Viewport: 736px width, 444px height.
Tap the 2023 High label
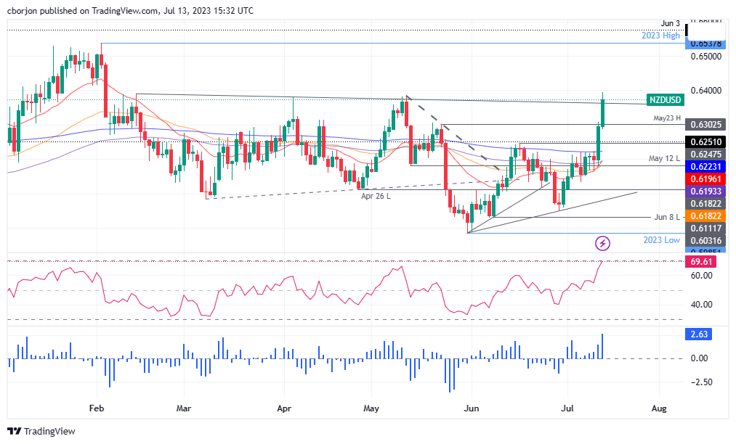click(x=661, y=36)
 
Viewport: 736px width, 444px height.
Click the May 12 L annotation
click(x=664, y=158)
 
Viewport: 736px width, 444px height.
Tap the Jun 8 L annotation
click(x=666, y=217)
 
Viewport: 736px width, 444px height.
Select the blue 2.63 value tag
click(x=699, y=334)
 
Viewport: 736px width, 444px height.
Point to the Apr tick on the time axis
click(x=284, y=408)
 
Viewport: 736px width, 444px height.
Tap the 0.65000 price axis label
click(x=705, y=56)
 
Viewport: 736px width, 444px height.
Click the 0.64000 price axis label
click(x=705, y=91)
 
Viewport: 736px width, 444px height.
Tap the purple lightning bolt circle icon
click(x=602, y=242)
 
